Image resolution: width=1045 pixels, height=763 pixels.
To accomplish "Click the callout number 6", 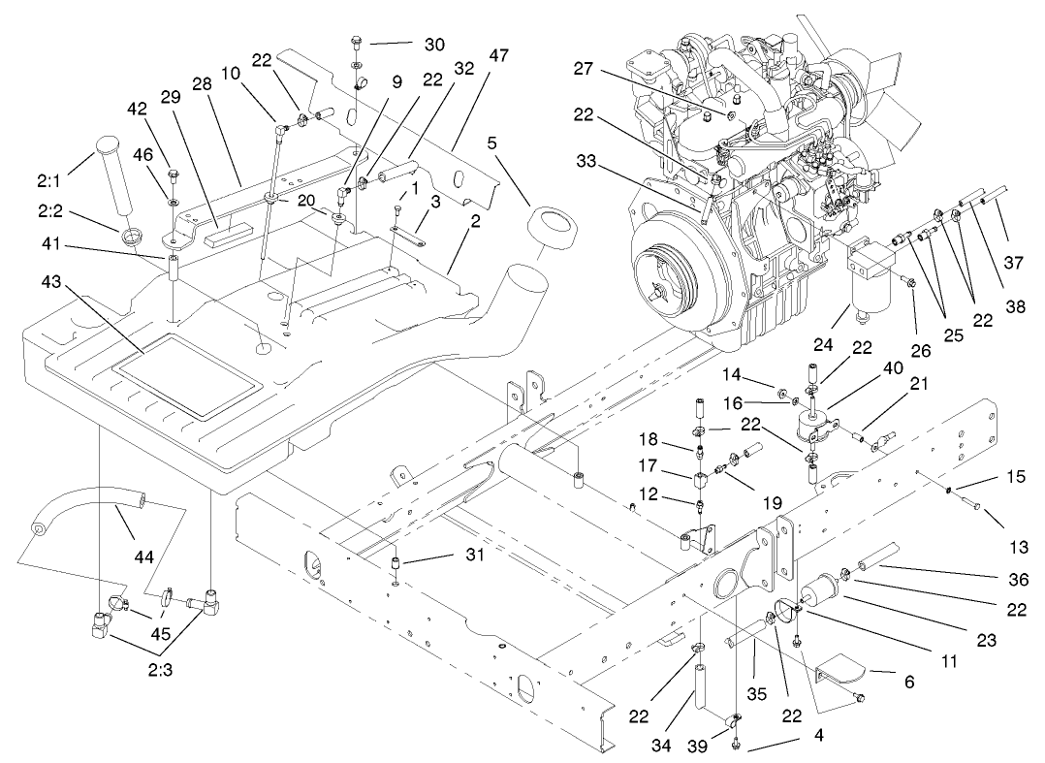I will [x=908, y=683].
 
